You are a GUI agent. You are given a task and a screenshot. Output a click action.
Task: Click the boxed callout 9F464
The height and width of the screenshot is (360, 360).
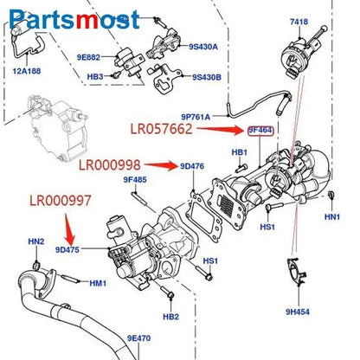[260, 131]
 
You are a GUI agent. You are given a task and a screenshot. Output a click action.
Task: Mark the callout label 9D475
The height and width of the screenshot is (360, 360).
[67, 249]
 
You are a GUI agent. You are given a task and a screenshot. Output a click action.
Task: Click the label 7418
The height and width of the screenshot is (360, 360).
[299, 21]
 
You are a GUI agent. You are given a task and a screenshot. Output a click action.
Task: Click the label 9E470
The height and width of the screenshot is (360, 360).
[138, 338]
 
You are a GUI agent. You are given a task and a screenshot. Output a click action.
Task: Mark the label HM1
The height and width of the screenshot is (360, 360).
[98, 283]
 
